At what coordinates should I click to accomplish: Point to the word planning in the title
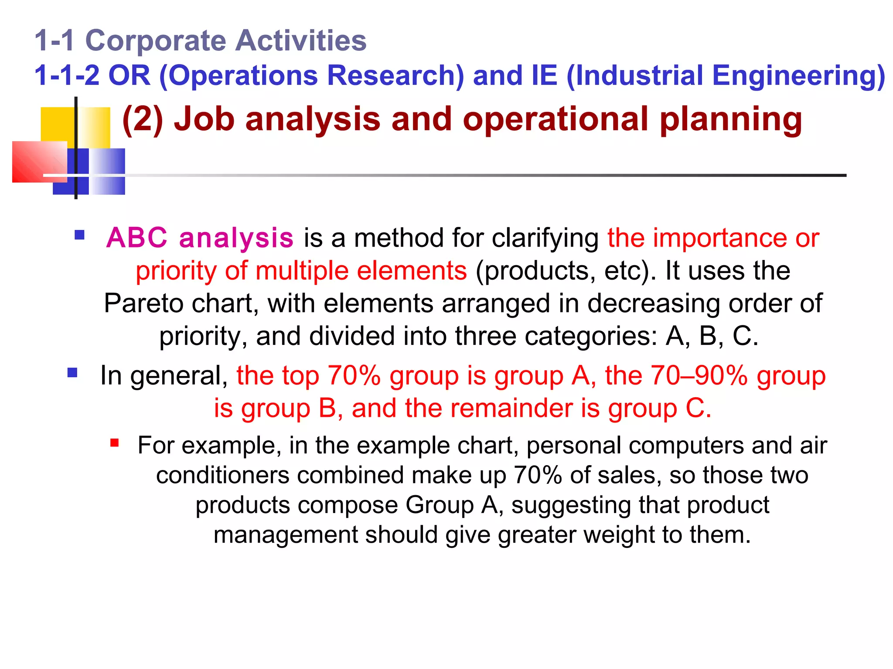point(731,119)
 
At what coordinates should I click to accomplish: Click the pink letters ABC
point(137,238)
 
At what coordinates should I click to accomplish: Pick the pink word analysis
point(236,238)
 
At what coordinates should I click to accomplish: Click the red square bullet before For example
point(115,443)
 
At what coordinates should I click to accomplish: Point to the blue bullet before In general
point(72,373)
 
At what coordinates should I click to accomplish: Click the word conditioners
point(223,476)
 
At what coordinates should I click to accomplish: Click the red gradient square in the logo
point(39,162)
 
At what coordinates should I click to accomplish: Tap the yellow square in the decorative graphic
point(58,124)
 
